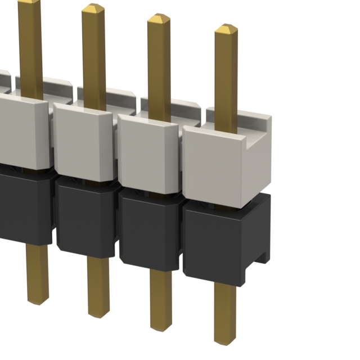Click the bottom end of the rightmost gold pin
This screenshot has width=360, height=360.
tap(225, 339)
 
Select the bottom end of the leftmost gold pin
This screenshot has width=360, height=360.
tap(37, 300)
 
